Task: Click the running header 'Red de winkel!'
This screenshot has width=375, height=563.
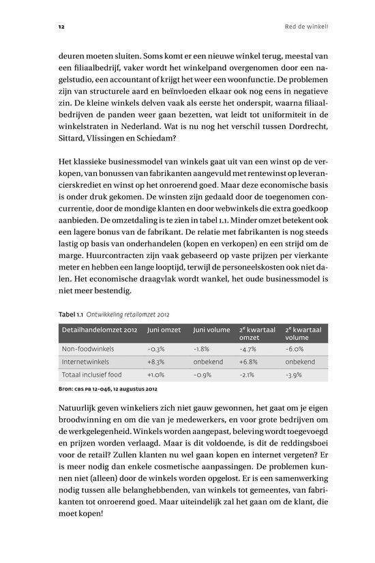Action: [x=306, y=28]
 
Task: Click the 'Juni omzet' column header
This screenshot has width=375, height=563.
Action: [x=164, y=330]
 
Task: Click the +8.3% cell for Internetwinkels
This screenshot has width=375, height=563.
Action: [x=156, y=361]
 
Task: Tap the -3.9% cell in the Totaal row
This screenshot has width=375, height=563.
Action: [x=293, y=375]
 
